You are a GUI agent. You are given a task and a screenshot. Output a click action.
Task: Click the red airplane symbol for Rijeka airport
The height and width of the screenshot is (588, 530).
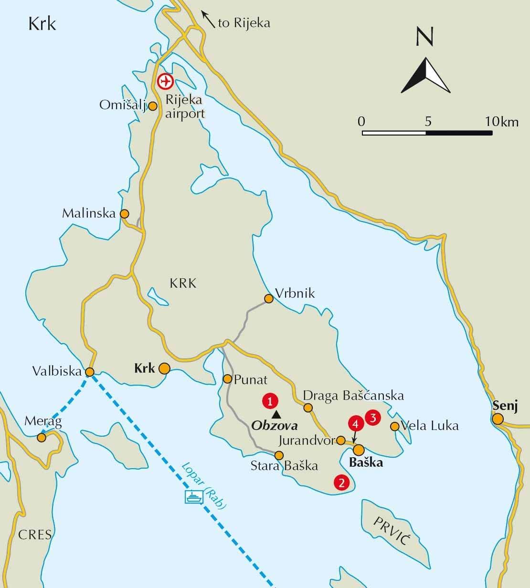tap(165, 82)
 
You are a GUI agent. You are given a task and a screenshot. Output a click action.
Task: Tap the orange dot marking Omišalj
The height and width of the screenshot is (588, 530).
tap(153, 106)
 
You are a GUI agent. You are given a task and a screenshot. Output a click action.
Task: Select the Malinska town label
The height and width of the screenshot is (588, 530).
tap(89, 213)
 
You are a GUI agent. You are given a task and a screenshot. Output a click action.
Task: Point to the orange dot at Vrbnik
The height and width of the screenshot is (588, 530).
tap(269, 299)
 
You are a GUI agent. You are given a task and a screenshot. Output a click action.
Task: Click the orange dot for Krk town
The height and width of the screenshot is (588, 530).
tap(164, 368)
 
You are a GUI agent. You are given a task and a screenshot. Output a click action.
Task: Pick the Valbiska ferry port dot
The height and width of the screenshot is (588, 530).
tap(89, 372)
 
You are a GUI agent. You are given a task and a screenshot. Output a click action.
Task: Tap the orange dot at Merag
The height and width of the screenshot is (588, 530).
tap(42, 437)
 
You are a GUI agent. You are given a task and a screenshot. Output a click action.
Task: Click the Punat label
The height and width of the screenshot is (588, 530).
tap(251, 379)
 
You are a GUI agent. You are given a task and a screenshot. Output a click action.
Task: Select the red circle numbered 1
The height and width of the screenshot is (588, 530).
tap(270, 401)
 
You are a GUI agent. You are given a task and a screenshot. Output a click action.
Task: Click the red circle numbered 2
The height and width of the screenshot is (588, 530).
tap(341, 482)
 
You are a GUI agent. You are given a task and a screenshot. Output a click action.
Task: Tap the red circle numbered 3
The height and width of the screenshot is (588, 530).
tap(372, 418)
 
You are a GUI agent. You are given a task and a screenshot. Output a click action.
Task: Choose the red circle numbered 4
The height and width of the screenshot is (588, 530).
tap(354, 423)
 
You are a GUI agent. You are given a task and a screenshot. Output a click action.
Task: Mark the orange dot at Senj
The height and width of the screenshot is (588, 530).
tap(498, 419)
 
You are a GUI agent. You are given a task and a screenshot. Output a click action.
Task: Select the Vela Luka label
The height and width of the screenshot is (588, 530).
tap(430, 426)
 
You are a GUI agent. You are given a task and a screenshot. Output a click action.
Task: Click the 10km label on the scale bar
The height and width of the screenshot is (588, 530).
tap(501, 122)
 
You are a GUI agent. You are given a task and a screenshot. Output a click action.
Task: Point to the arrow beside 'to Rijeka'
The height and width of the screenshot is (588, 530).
tap(208, 20)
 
